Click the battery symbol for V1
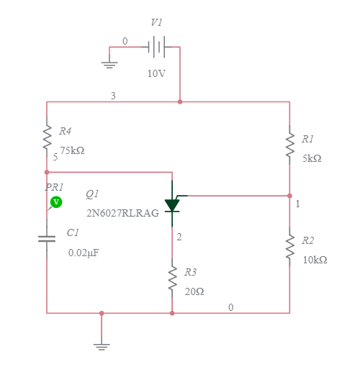coord(156,47)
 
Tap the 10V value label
coord(157,74)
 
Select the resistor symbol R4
coord(47,135)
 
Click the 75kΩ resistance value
coord(72,151)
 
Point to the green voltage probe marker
coord(56,202)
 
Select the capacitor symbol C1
coord(47,238)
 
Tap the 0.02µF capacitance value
coord(84,253)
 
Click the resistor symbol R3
coord(172,278)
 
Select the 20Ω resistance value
coord(194,292)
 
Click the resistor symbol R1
coord(289,143)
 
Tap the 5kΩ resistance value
coord(312,158)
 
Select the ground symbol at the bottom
coord(102,345)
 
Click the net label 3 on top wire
coord(112,96)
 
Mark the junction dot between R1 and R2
coord(289,196)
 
